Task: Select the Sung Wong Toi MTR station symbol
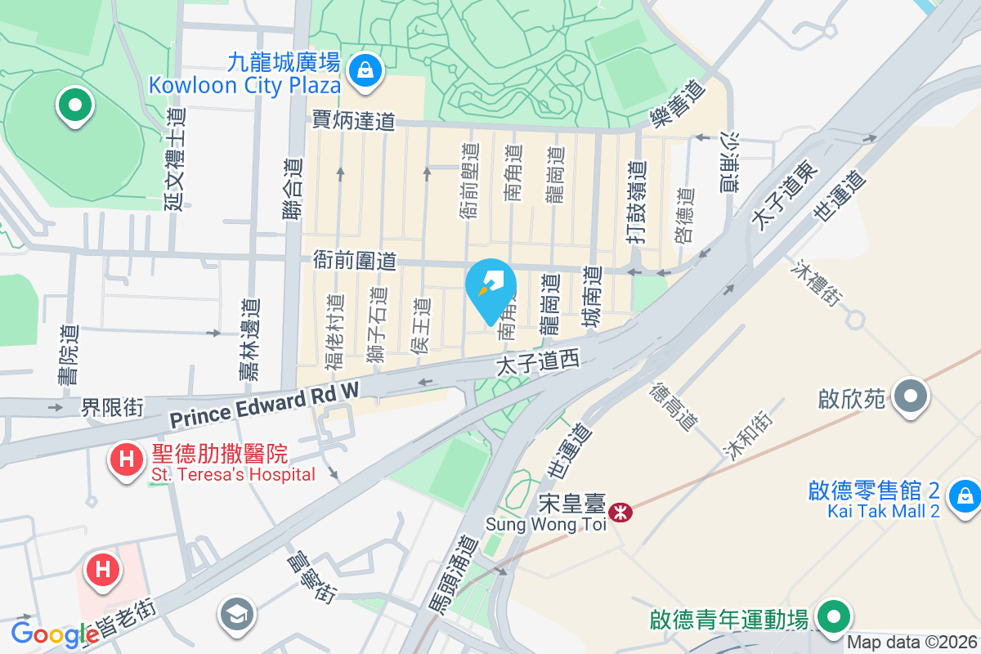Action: [622, 513]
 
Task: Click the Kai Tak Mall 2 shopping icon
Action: [965, 495]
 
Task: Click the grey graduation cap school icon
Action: [237, 614]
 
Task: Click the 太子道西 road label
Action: [537, 364]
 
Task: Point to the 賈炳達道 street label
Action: [353, 121]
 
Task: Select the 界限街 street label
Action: [112, 406]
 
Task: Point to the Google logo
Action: [55, 634]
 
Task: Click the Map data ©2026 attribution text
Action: [912, 643]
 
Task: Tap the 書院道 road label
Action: [69, 355]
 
